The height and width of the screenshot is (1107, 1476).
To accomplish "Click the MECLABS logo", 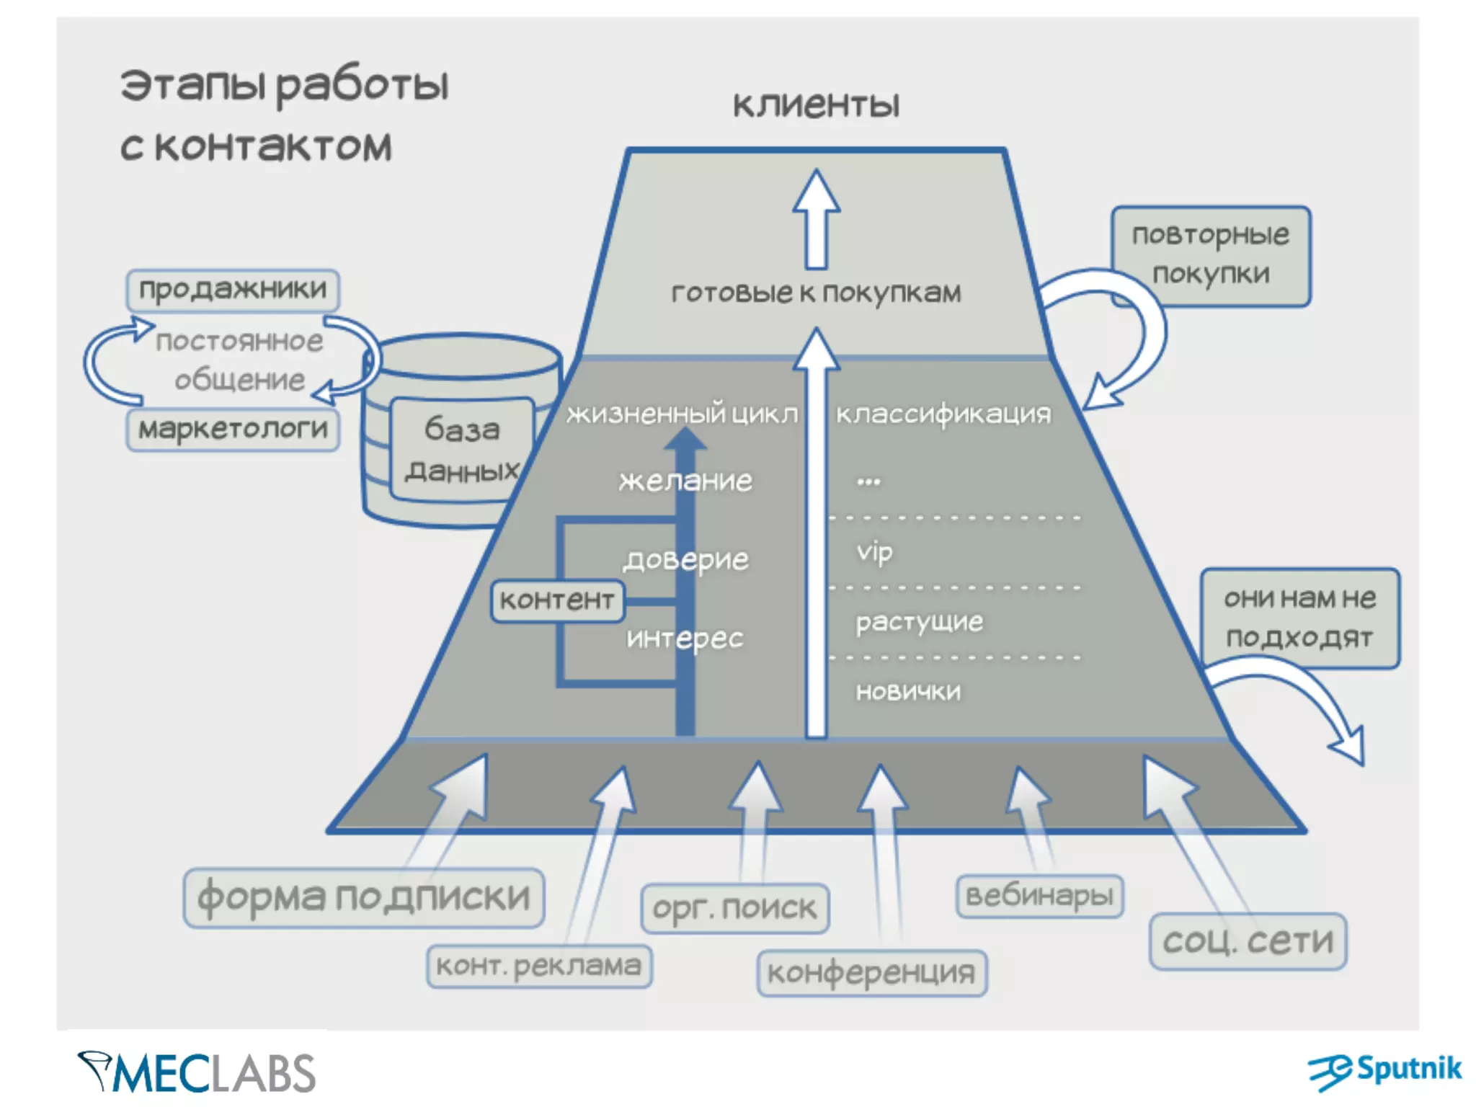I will point(196,1072).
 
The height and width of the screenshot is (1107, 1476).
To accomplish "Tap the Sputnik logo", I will point(1385,1071).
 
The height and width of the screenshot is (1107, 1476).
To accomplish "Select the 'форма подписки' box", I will point(364,897).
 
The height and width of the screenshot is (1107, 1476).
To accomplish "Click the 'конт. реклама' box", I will point(539,966).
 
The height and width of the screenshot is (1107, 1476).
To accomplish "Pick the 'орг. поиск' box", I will point(735,908).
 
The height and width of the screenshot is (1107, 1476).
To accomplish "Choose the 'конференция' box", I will point(871,973).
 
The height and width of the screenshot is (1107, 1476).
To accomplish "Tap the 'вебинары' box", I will point(1039,896).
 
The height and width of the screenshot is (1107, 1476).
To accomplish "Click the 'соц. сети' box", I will point(1248,941).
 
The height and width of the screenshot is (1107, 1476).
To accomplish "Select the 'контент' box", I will point(557,600).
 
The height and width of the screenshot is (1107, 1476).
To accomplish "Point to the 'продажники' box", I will point(233,290).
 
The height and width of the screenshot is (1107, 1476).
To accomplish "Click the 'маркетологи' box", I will point(233,430).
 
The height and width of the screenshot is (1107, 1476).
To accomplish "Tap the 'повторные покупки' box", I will point(1211,256).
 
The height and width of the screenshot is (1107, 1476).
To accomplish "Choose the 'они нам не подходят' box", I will point(1299,618).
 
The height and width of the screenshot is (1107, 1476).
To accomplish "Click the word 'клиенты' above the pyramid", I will point(817,105).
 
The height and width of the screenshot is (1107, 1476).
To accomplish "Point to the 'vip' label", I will point(875,553).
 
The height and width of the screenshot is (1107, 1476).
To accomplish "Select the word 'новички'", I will point(908,692).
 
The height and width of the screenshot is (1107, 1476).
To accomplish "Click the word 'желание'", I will point(685,481).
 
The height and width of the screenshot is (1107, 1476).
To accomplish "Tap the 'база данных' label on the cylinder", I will point(462,450).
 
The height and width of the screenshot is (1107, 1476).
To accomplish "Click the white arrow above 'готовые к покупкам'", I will point(817,219).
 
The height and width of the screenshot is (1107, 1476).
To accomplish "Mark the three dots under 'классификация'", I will point(868,481).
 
